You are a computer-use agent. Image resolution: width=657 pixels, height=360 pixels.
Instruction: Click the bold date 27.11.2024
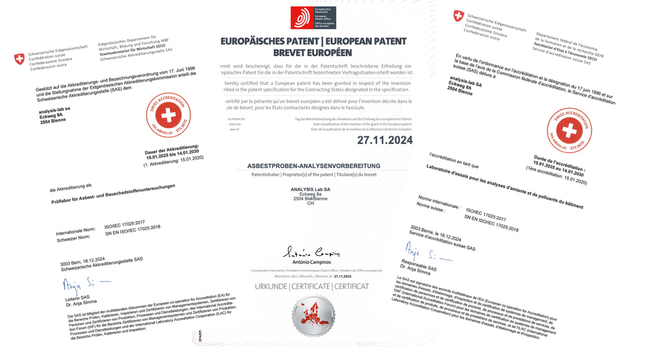pyautogui.click(x=384, y=140)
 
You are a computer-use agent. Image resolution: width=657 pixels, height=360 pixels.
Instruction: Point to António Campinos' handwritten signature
pyautogui.click(x=311, y=253)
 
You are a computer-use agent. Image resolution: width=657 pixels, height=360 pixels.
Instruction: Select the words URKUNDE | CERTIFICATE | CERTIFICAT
pyautogui.click(x=312, y=287)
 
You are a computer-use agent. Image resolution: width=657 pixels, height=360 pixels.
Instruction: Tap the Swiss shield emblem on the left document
pyautogui.click(x=19, y=59)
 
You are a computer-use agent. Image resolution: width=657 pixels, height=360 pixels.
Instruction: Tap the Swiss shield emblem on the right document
pyautogui.click(x=458, y=16)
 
